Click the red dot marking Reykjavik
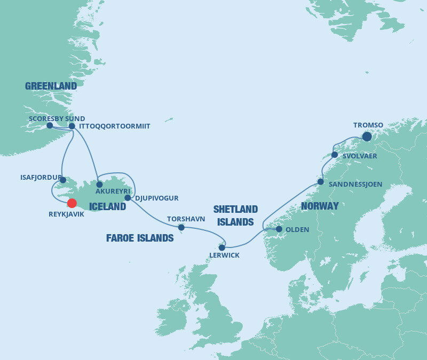pos(72,203)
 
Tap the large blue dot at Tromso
pos(367,137)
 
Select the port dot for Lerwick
pos(222,247)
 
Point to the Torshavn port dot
pos(181,227)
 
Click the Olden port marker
pos(279,229)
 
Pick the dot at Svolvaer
pos(335,155)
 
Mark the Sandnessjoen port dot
pos(320,182)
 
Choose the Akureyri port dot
pos(99,185)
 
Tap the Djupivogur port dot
pos(128,198)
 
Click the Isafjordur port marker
pos(63,180)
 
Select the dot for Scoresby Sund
pos(50,125)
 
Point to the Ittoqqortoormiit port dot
pos(72,126)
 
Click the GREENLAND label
pos(51,86)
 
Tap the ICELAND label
pos(107,206)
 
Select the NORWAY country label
pos(320,206)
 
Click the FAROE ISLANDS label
pos(140,238)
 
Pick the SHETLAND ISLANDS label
pos(235,215)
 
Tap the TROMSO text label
pos(368,125)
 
